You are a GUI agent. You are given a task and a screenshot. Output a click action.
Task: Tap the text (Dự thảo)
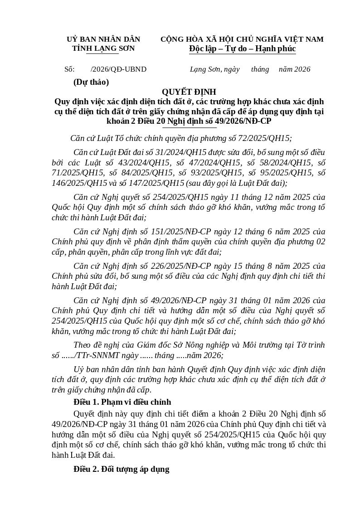(x=91, y=82)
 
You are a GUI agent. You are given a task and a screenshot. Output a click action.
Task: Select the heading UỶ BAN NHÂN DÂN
(x=103, y=39)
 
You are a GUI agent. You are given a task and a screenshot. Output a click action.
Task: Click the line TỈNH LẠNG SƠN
(x=103, y=48)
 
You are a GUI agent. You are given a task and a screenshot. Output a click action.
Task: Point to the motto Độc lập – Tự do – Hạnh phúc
(x=242, y=48)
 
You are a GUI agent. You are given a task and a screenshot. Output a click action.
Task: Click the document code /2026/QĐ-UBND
(x=119, y=69)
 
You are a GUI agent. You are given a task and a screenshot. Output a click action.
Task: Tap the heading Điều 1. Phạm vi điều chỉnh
(x=122, y=402)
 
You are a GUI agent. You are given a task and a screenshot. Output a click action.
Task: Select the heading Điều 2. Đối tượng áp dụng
(x=122, y=469)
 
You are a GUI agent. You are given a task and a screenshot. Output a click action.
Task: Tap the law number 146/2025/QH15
(x=79, y=183)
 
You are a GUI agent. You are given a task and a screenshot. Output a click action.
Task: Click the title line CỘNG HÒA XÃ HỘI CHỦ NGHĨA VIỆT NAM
(x=242, y=39)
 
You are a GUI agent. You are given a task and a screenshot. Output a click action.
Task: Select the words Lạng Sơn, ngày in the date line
(x=214, y=69)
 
